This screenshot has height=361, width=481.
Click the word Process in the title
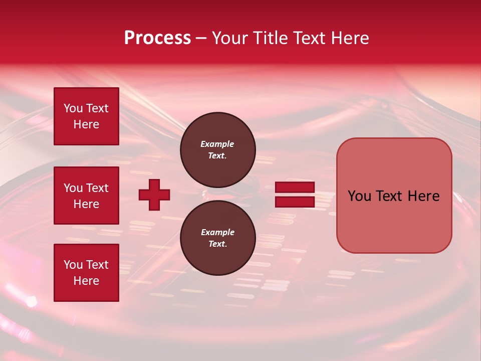coord(157,38)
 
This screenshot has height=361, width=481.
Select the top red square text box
coord(86,116)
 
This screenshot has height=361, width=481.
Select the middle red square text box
coord(86,196)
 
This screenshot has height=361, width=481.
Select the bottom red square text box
coord(86,273)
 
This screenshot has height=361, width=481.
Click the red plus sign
coord(154,195)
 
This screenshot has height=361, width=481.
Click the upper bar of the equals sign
coord(295,188)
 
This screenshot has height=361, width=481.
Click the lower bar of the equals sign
coord(295,202)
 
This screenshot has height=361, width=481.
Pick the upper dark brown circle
coord(218,149)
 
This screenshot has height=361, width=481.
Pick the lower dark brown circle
coord(218,238)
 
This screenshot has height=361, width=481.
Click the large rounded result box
coord(394,196)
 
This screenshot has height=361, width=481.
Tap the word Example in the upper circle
coord(217,144)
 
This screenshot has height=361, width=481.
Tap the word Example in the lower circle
coord(217,232)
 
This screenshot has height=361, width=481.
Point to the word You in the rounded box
coord(359,196)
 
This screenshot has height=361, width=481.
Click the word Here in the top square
coord(86,124)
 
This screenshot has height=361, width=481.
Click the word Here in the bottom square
coord(86,281)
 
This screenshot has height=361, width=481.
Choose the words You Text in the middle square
coord(86,188)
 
